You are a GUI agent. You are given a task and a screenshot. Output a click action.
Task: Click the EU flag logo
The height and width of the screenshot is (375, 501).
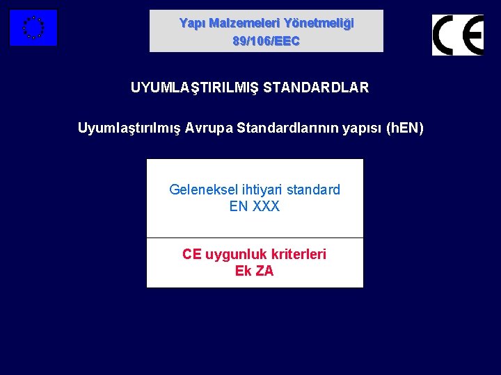[x=33, y=28]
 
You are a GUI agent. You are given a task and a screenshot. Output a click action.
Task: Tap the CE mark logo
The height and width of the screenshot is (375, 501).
[x=457, y=35]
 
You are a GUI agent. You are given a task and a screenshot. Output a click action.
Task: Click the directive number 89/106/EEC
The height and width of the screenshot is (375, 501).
[x=266, y=41]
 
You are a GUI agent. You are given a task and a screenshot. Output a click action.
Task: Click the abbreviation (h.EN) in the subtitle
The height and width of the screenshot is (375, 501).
[x=404, y=128]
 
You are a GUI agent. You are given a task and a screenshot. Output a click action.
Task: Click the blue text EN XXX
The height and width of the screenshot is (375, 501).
[x=255, y=206]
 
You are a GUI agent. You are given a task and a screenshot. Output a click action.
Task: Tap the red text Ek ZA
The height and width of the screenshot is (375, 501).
[x=255, y=271]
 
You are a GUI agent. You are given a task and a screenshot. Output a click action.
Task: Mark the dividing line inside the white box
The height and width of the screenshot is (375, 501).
[x=255, y=237]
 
